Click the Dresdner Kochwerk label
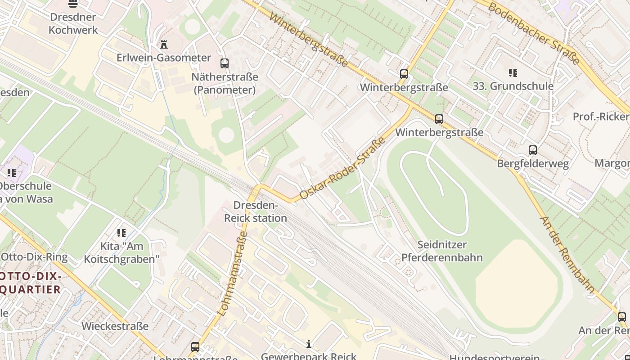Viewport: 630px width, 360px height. [x=73, y=23]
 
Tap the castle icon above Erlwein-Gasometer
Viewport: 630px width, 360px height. [x=164, y=44]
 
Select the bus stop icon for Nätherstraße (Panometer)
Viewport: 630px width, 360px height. [x=225, y=63]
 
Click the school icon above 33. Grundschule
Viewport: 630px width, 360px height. [x=513, y=72]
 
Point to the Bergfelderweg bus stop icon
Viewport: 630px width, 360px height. [x=533, y=150]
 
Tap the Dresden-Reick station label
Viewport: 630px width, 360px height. [x=255, y=212]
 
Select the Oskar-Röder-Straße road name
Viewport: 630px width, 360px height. [x=343, y=168]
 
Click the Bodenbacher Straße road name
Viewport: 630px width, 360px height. [x=534, y=33]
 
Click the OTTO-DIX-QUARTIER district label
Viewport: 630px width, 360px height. [x=31, y=283]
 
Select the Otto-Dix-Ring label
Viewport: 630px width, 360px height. [x=34, y=257]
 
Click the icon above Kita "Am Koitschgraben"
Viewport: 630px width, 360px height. [x=121, y=233]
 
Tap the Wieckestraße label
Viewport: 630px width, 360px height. [x=115, y=326]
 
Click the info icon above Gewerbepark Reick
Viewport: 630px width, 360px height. [x=309, y=344]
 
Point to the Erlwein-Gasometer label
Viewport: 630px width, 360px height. [x=164, y=58]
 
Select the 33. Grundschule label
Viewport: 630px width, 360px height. [x=513, y=86]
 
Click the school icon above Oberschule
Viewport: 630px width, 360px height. [x=12, y=172]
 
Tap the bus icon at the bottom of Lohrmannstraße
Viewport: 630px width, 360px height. [x=195, y=347]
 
